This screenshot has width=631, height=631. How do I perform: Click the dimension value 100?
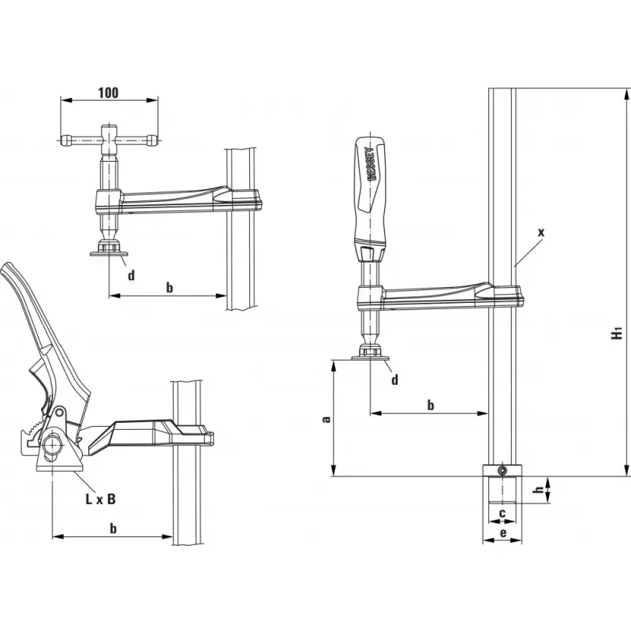coord(108,92)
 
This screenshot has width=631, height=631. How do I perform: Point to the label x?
coord(540,232)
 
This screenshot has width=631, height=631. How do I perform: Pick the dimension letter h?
coord(538,491)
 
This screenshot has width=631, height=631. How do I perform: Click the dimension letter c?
coord(502,514)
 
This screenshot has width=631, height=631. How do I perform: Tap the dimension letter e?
coord(502,534)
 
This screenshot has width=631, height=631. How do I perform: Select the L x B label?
coord(100,498)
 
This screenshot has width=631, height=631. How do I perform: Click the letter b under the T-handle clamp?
coord(169,287)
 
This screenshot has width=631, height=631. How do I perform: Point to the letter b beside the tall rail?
coord(430,405)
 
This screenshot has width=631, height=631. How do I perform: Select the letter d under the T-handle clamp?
coord(132,275)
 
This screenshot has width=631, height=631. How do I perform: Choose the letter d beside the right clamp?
coord(395,379)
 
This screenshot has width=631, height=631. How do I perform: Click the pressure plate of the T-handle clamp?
coord(108,252)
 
